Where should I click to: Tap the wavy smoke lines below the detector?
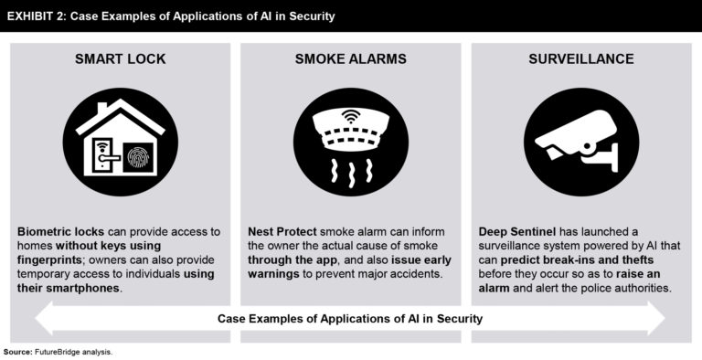coord(351,170)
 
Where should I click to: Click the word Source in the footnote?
coord(16,352)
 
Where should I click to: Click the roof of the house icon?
coord(121,114)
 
